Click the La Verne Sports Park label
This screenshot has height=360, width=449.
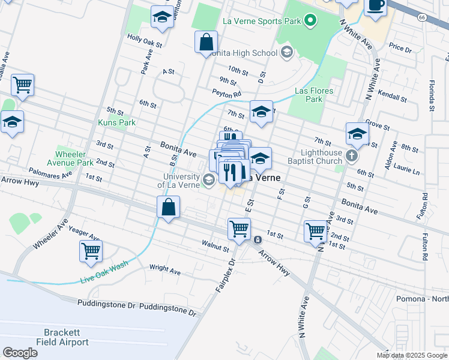(261, 22)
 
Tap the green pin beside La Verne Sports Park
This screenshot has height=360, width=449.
(310, 22)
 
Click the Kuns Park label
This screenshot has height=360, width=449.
(117, 122)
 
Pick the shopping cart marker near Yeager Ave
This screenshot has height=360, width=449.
(91, 251)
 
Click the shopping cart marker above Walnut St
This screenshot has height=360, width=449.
(239, 229)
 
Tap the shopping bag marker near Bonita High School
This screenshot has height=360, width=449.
(206, 43)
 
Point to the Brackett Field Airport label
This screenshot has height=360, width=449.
(66, 337)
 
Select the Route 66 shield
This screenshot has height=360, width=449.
(422, 18)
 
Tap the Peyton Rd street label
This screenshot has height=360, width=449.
(226, 93)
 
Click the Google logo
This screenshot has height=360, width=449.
(20, 353)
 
